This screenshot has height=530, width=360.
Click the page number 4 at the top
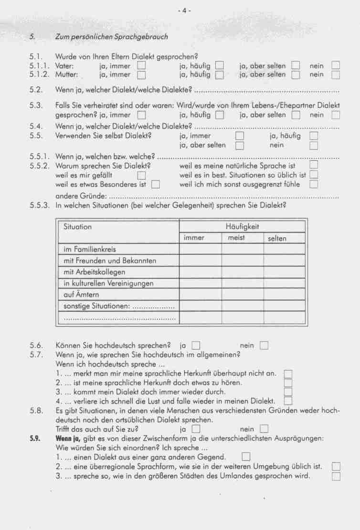pos(183,11)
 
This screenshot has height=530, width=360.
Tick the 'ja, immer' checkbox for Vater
pos(141,66)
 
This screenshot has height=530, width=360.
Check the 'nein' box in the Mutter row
pos(336,75)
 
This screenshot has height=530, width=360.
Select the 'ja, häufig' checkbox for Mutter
pos(219,75)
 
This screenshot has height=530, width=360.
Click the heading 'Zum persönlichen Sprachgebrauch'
pos(112,36)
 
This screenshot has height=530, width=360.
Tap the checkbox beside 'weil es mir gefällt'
pos(141,176)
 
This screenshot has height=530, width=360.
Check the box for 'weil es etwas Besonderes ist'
pos(155,185)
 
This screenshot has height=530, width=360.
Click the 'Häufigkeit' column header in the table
pos(242,227)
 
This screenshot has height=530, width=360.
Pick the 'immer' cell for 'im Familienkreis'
pos(201,249)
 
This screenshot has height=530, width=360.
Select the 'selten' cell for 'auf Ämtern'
pos(284,294)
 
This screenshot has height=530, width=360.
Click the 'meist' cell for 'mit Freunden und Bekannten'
pos(242,260)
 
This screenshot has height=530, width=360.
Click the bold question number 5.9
pos(34,438)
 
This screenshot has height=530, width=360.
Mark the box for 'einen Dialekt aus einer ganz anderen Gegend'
pos(246,457)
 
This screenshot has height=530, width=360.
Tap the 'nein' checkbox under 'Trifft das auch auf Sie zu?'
pos(264,429)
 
